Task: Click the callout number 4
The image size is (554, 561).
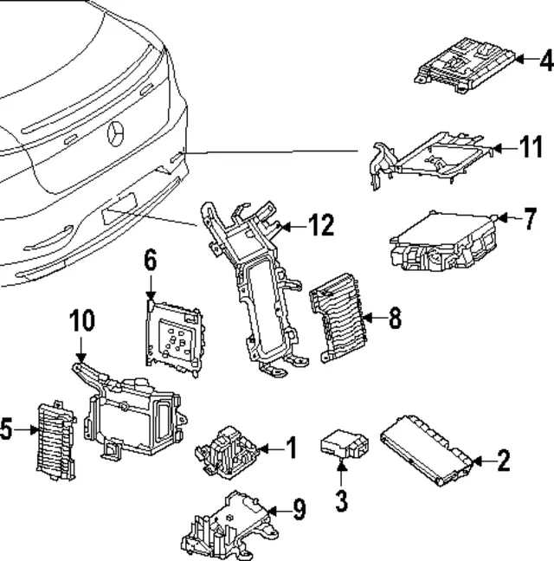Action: click(x=544, y=60)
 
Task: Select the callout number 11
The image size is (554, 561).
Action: click(x=531, y=147)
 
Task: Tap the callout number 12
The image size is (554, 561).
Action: click(x=320, y=227)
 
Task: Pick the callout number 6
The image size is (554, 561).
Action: click(x=150, y=258)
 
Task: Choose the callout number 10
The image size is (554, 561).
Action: click(x=81, y=322)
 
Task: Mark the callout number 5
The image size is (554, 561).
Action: click(x=6, y=429)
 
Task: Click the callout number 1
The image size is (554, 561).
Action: click(x=291, y=448)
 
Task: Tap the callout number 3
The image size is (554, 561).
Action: click(x=341, y=500)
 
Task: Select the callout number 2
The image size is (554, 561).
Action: click(x=503, y=460)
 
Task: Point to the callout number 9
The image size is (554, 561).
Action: click(x=298, y=510)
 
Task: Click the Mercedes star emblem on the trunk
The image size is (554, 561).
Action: click(x=116, y=135)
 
